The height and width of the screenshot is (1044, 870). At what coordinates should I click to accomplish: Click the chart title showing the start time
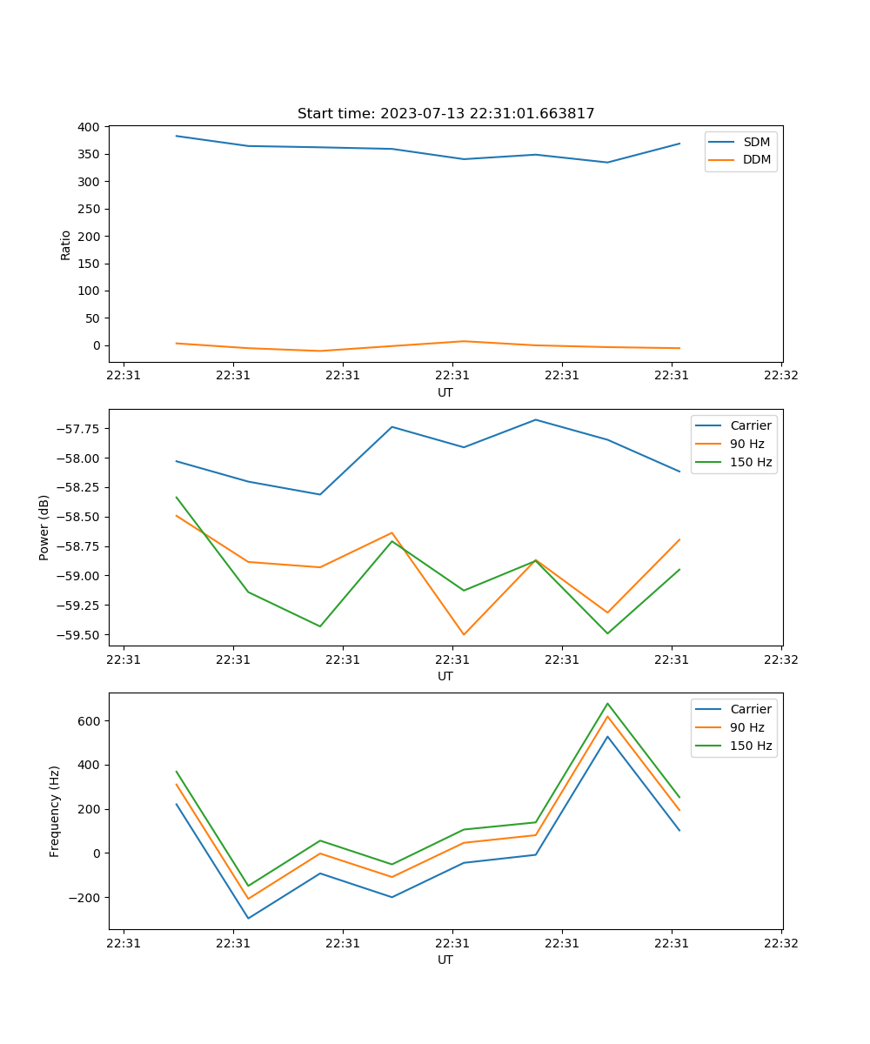coord(445,114)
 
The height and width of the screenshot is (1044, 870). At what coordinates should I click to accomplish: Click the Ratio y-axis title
coord(65,244)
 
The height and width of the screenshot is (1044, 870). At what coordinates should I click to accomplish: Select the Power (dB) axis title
coord(44,527)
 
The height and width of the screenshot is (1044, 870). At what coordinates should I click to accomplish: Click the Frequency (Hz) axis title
coord(55,811)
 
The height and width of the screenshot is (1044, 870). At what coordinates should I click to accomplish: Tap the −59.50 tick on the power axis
coord(72,635)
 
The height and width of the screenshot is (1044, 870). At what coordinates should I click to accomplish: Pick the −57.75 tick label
coord(72,429)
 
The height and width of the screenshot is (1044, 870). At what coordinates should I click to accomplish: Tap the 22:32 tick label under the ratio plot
coord(780,376)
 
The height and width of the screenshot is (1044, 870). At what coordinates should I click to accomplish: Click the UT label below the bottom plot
coord(445,960)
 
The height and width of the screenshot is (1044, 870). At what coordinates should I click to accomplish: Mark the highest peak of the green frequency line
coord(607,703)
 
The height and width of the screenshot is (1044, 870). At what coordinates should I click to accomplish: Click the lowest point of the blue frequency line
coord(248,919)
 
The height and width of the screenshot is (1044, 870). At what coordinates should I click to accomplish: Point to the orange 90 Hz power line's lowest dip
coord(464,634)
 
